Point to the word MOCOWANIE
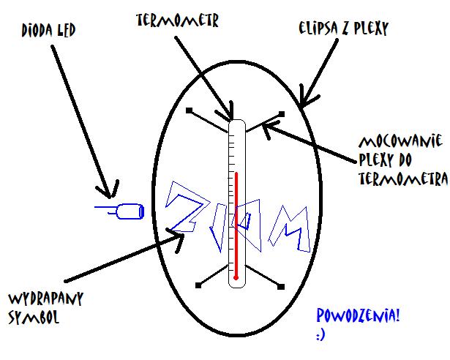(402, 140)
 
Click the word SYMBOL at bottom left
(33, 318)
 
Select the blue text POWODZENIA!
(358, 317)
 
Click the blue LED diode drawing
(125, 211)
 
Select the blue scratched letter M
(288, 227)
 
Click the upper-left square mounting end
(189, 111)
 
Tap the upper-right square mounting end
(282, 113)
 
